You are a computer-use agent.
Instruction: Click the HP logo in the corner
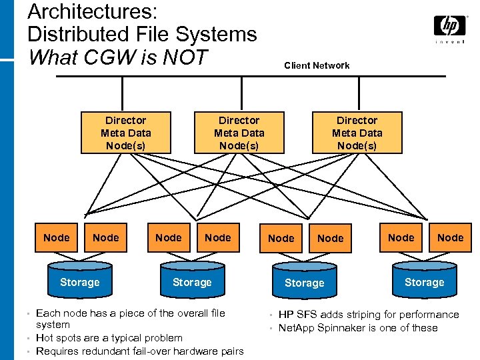[x=450, y=27]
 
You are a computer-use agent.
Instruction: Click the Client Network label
[x=317, y=65]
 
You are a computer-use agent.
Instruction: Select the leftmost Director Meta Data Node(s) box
[x=125, y=132]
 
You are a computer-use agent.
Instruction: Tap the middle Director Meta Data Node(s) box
[x=239, y=132]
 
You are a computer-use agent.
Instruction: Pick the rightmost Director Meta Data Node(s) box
[x=357, y=132]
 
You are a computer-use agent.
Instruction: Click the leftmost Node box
[x=56, y=238]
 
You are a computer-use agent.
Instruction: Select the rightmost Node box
[x=450, y=238]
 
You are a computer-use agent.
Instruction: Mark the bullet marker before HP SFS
[x=272, y=315]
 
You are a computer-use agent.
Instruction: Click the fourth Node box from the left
[x=217, y=238]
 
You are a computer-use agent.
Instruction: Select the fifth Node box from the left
[x=281, y=238]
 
